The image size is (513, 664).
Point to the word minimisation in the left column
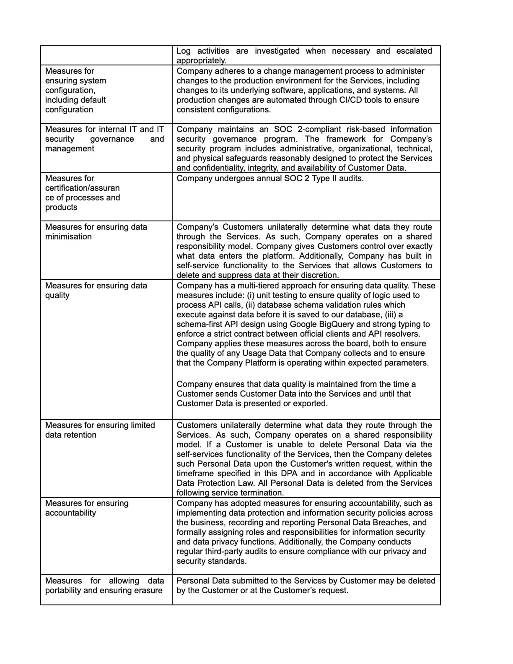click(x=68, y=236)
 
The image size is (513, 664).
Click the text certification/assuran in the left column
click(x=82, y=188)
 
